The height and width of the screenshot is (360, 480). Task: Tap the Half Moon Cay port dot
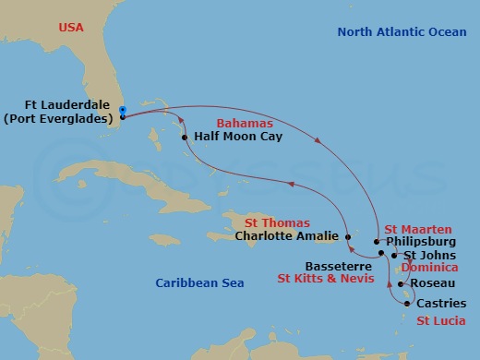click(x=186, y=138)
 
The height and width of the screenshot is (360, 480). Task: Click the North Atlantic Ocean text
click(x=402, y=31)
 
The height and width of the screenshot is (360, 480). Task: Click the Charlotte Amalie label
click(x=287, y=234)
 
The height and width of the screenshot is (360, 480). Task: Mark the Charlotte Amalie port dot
click(x=347, y=234)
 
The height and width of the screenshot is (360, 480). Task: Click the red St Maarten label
click(x=418, y=228)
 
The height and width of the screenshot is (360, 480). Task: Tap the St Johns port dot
click(x=394, y=255)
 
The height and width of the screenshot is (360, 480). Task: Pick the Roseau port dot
click(x=400, y=283)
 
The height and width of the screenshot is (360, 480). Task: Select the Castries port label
click(x=436, y=304)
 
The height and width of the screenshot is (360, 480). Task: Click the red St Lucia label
click(x=440, y=321)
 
